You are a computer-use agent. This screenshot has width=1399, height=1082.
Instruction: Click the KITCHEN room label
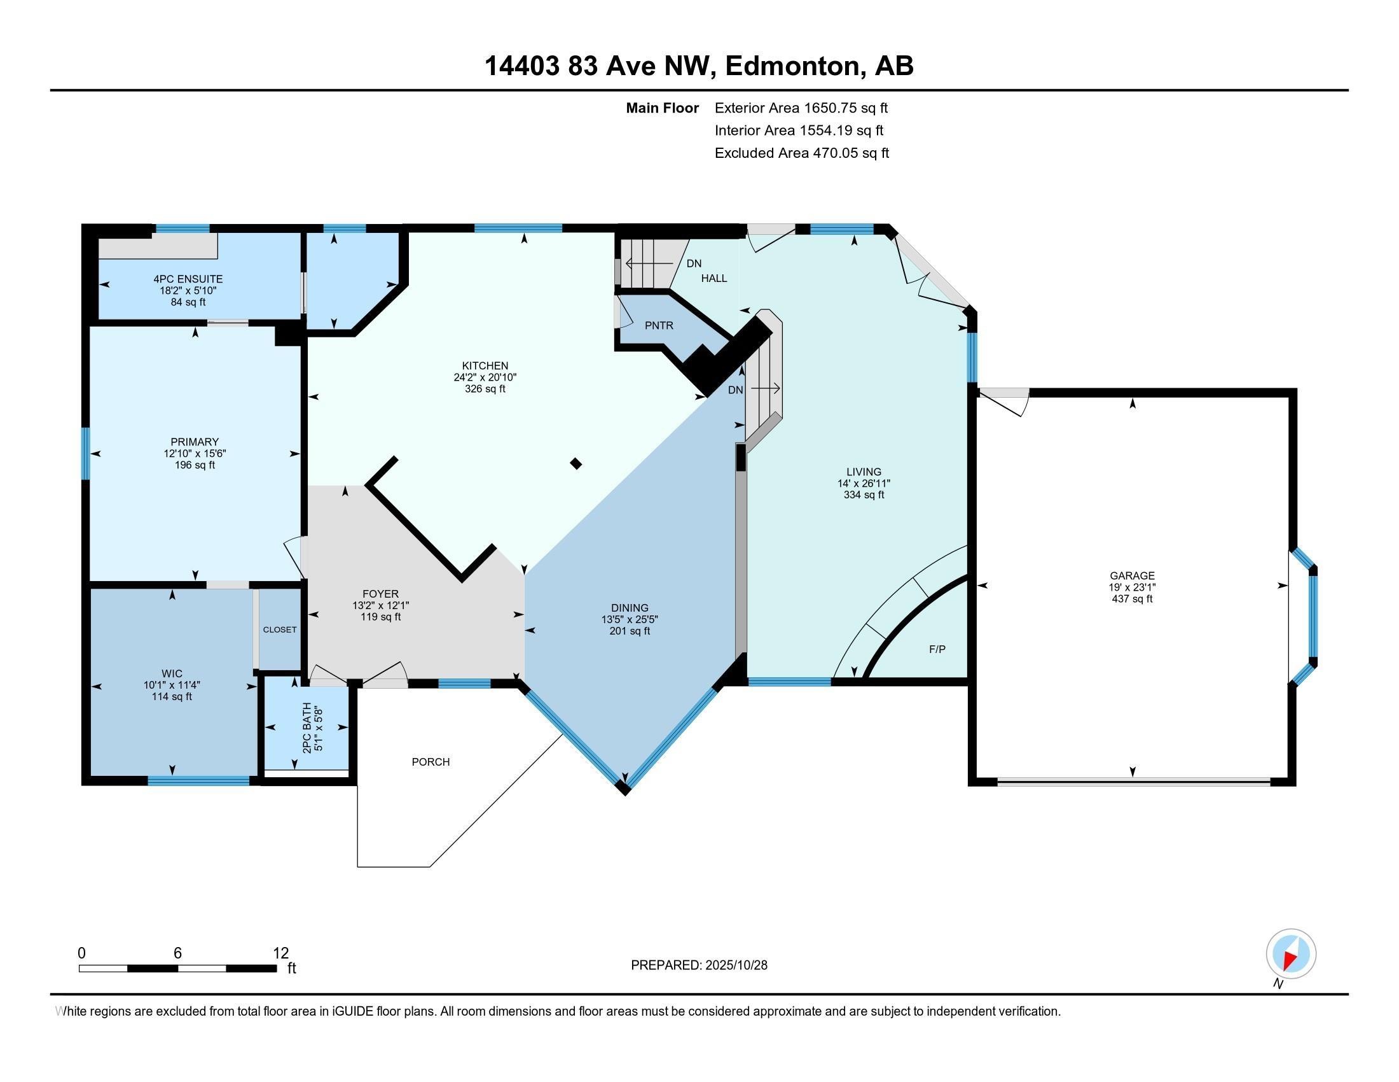coord(485,366)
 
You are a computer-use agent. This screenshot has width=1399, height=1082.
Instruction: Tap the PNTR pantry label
coord(659,326)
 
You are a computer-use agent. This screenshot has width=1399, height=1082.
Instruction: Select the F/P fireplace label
coord(937,649)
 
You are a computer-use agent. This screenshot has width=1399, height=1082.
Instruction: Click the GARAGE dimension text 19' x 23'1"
coord(1132,587)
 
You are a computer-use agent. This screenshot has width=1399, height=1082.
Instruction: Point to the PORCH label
coord(431,761)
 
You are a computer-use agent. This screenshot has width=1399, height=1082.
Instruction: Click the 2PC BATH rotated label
coord(307,727)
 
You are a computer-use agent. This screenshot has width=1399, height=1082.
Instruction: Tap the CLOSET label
coord(280,629)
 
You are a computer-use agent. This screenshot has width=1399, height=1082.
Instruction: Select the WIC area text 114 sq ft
coord(172,697)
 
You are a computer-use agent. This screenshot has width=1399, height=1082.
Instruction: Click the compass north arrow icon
coord(1291,954)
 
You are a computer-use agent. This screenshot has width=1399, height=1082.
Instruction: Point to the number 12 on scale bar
coord(280,953)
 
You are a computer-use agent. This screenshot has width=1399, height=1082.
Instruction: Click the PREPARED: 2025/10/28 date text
coord(699,965)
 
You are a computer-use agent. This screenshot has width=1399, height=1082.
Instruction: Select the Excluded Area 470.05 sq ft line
coord(801,153)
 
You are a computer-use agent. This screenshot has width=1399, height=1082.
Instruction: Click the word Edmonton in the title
coord(792,66)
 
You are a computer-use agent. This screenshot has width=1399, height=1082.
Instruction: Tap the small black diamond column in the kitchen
coord(576,463)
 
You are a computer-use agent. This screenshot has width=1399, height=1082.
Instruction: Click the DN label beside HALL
coord(694,263)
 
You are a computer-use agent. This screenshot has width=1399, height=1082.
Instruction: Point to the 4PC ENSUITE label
coord(188,279)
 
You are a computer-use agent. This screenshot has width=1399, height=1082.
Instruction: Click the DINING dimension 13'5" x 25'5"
coord(629,620)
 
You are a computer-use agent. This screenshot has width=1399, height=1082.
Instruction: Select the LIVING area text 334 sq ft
coord(864,495)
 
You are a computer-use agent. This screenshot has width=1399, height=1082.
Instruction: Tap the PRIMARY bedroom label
coord(194,442)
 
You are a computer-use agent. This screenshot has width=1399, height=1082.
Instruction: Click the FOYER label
coord(380,594)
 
